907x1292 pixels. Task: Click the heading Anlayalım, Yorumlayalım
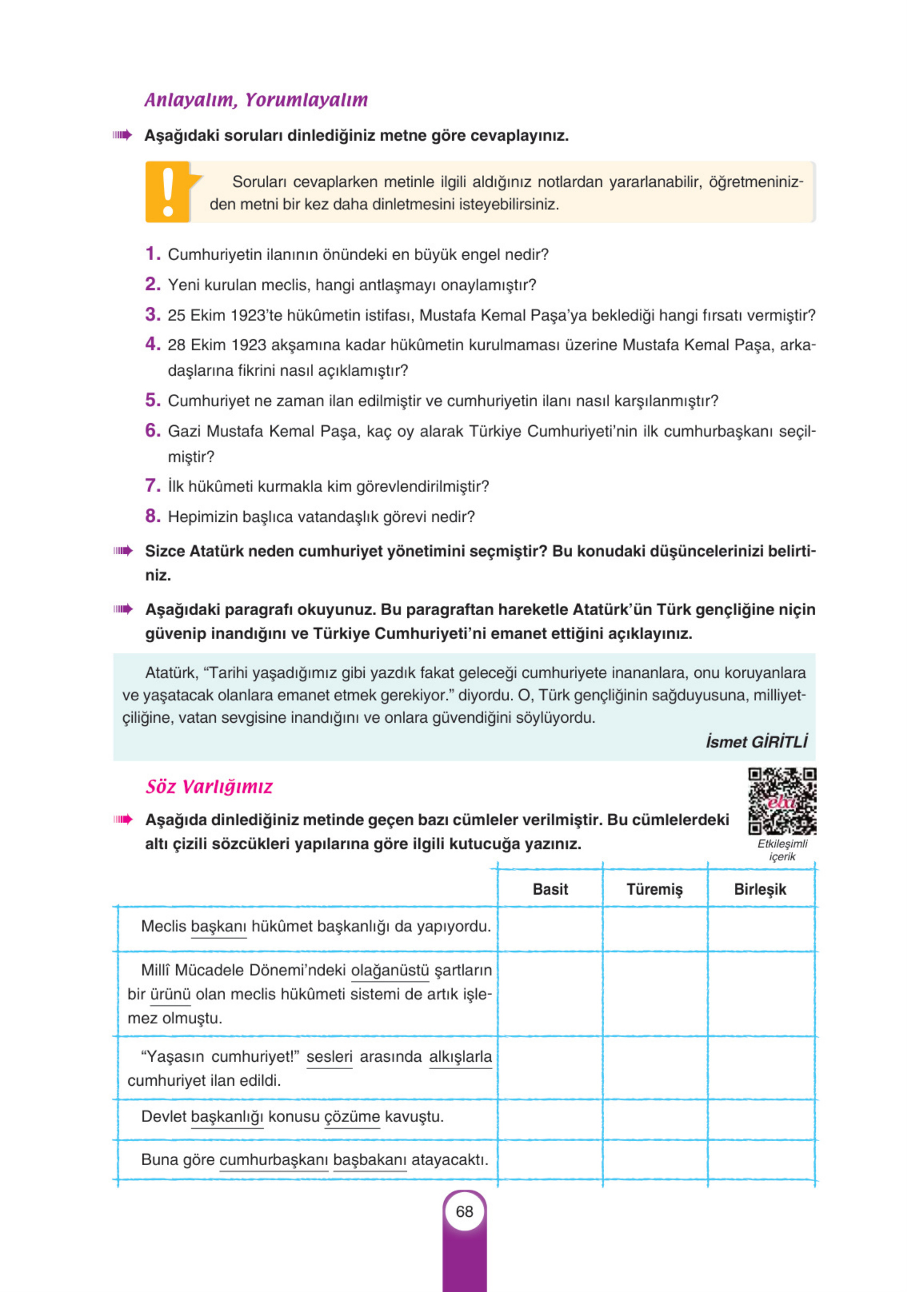click(256, 100)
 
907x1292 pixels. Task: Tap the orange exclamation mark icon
click(168, 192)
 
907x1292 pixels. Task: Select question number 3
click(152, 314)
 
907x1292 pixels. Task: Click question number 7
click(152, 485)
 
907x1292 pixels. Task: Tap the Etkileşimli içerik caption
click(782, 850)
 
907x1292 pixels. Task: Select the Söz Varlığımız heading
click(209, 786)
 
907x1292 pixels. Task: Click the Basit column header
click(550, 889)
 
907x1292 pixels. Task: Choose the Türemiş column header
click(654, 889)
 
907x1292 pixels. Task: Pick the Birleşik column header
click(759, 889)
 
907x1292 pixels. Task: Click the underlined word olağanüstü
click(390, 970)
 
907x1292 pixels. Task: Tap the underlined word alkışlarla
click(460, 1056)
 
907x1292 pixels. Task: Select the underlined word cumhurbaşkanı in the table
click(274, 1160)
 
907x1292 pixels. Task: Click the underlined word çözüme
click(352, 1117)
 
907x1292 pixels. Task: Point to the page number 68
click(464, 1212)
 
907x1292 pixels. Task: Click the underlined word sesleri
click(330, 1056)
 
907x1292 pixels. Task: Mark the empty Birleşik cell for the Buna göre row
click(760, 1160)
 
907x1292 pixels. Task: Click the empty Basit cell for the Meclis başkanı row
click(550, 929)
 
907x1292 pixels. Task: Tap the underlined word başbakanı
click(370, 1160)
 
